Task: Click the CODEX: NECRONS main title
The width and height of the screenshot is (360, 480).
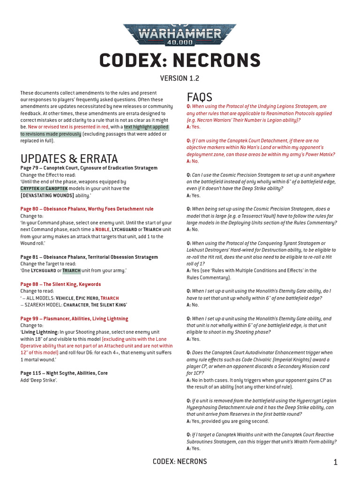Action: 180,60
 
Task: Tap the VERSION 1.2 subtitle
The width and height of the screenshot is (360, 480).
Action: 180,78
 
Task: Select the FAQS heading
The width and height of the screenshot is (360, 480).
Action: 199,97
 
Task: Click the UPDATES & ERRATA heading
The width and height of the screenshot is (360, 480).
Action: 69,158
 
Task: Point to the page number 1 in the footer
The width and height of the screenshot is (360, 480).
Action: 336,463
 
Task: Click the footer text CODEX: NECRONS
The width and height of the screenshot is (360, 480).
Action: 180,462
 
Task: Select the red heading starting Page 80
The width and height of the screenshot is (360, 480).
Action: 87,209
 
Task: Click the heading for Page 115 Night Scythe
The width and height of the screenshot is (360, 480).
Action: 64,373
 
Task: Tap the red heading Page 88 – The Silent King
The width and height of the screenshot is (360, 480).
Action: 60,284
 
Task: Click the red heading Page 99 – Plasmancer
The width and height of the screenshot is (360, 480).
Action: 74,319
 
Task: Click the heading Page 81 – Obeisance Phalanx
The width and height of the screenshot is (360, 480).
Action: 89,257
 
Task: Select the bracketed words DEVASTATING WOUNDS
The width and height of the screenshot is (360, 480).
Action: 47,195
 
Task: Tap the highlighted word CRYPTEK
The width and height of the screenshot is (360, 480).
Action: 30,188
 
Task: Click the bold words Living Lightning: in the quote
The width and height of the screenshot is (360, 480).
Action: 39,332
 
